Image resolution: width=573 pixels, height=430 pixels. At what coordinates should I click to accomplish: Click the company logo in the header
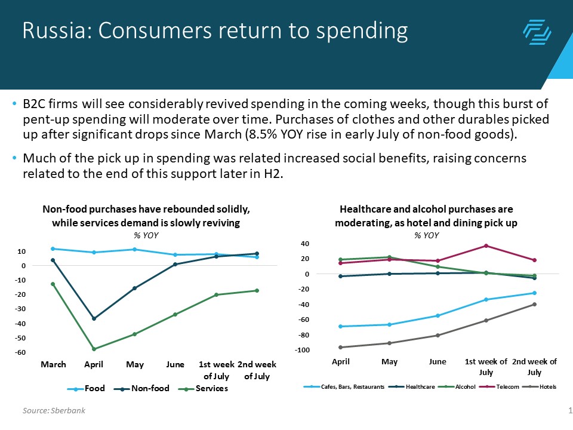[537, 32]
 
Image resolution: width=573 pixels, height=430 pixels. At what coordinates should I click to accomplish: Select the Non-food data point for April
[94, 318]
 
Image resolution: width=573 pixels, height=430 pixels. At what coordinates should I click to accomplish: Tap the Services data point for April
[94, 349]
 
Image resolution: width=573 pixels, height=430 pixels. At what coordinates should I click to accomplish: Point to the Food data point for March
[53, 248]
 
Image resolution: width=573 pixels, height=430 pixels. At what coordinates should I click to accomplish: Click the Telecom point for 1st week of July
[486, 245]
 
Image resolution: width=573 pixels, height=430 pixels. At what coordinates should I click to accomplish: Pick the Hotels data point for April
[341, 347]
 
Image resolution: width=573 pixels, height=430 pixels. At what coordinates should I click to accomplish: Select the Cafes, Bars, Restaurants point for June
[438, 315]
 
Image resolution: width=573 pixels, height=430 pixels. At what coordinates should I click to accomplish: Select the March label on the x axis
[53, 364]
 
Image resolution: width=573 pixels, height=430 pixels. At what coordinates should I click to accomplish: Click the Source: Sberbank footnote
[54, 410]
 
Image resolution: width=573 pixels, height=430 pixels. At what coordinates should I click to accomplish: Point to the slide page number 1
[570, 410]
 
